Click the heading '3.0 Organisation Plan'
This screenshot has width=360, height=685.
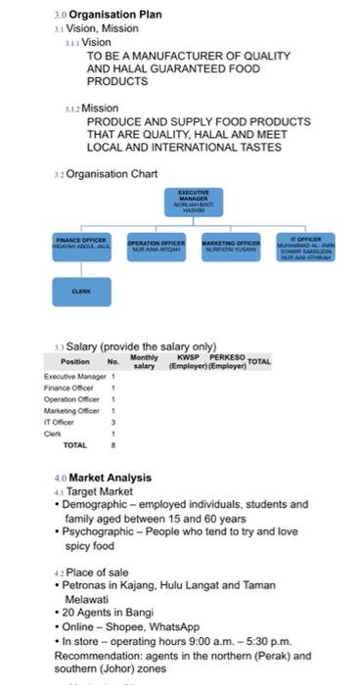[x=113, y=15]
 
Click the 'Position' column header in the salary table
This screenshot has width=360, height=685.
[x=75, y=362]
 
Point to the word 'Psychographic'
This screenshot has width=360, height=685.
[x=102, y=531]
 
